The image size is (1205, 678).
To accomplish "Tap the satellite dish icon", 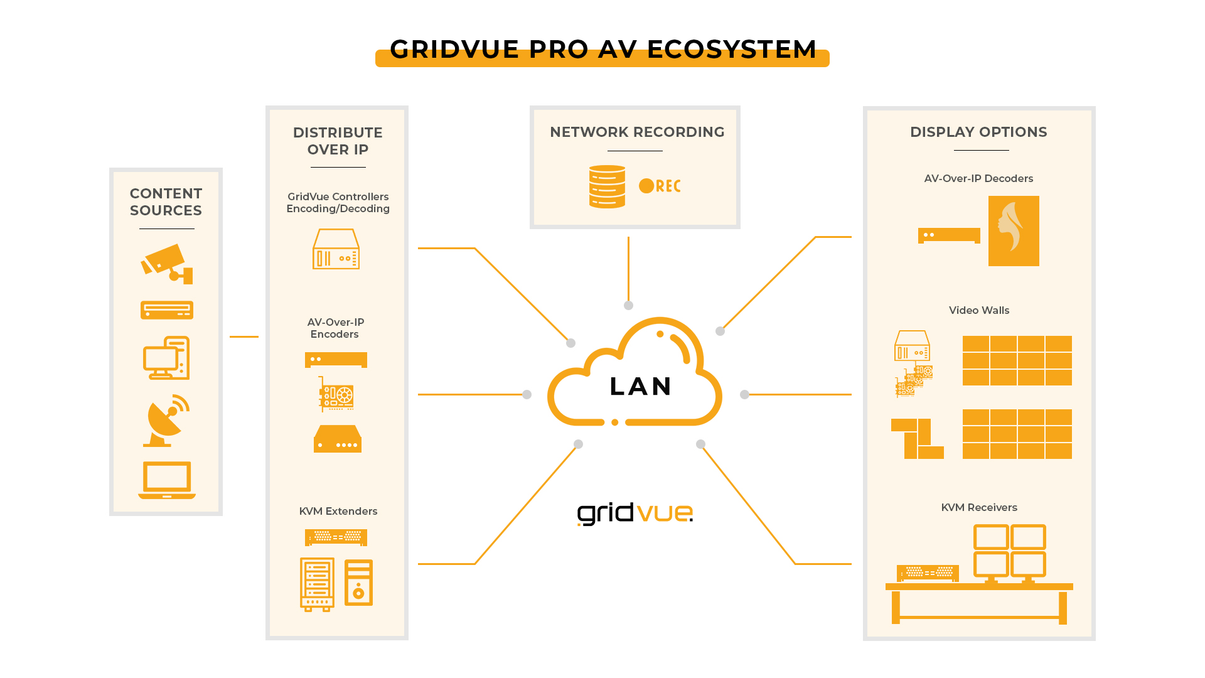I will tap(166, 421).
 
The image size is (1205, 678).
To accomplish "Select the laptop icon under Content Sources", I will tap(166, 480).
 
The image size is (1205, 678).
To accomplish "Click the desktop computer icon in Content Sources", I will tap(166, 358).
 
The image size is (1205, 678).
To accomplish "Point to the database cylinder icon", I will tap(607, 186).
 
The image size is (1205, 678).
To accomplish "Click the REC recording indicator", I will tap(660, 186).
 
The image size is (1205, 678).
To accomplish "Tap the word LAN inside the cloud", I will tap(641, 387).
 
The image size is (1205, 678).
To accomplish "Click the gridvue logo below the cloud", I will tap(635, 514).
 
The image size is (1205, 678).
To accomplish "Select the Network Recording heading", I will tap(637, 132).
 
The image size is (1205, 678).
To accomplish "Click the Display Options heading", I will tap(978, 132).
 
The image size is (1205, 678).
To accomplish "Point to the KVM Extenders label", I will tap(338, 512).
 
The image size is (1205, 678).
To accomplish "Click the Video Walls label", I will tap(979, 311).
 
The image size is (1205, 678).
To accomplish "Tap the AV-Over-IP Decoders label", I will tap(978, 179).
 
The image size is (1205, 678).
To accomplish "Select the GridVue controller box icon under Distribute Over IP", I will tap(336, 249).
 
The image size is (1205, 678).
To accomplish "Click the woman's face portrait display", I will tap(1014, 231).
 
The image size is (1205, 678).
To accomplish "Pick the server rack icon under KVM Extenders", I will tap(317, 584).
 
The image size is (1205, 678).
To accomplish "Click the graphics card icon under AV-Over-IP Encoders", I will tap(336, 394).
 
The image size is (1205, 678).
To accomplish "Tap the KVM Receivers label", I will tap(979, 508).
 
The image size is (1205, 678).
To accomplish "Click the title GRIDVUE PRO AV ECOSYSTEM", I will tap(602, 50).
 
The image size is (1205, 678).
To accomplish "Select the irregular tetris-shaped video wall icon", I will tap(917, 438).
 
